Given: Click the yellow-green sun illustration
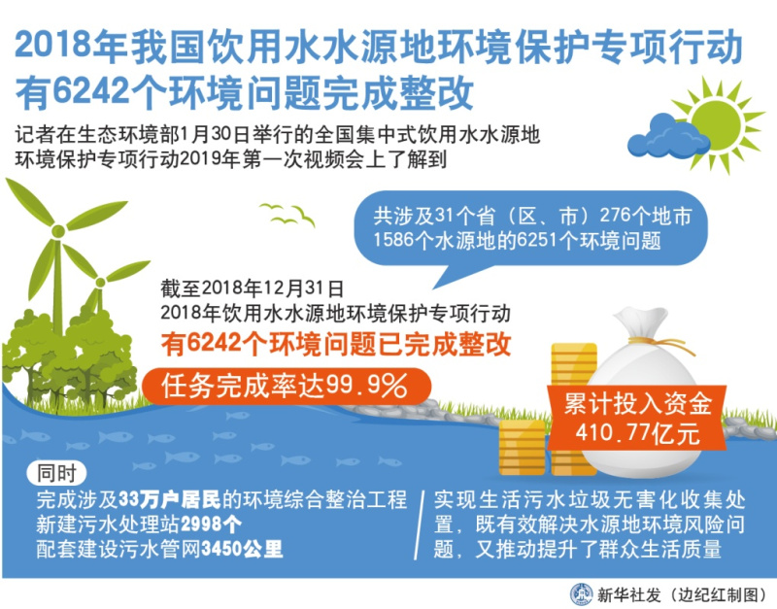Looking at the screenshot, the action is (x=718, y=124).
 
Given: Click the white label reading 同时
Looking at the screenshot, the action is (x=56, y=473).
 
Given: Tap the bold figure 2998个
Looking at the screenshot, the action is (x=211, y=524).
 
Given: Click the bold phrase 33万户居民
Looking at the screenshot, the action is (x=170, y=500).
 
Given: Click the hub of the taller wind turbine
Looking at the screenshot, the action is (x=58, y=231).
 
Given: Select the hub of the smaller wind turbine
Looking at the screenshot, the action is (x=100, y=283).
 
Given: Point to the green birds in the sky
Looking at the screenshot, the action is (x=287, y=214).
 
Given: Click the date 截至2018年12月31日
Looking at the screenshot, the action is (x=253, y=288).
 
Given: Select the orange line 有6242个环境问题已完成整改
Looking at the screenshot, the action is (x=336, y=344).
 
